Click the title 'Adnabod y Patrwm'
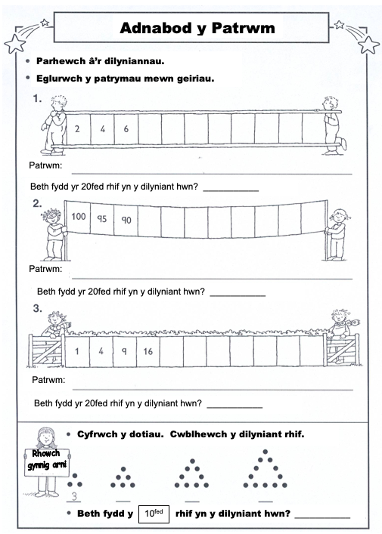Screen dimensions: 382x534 [197, 28]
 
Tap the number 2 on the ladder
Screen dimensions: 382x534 [77, 128]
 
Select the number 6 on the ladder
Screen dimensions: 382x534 [126, 128]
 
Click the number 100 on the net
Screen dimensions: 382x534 [79, 216]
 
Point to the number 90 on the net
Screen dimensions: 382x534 [126, 220]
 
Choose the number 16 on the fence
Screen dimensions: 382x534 [148, 351]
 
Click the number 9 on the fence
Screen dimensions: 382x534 [124, 351]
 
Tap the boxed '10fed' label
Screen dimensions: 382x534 [154, 514]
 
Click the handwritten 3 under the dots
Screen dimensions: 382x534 [74, 496]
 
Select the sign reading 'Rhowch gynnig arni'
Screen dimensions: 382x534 [47, 462]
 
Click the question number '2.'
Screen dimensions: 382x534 [37, 204]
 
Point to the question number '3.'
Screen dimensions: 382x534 [38, 309]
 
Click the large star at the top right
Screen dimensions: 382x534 [369, 45]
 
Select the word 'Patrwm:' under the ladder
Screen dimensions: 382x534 [45, 165]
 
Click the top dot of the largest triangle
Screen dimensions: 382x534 [266, 452]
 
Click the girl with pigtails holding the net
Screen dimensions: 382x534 [337, 235]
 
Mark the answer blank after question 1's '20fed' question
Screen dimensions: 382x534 [231, 190]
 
